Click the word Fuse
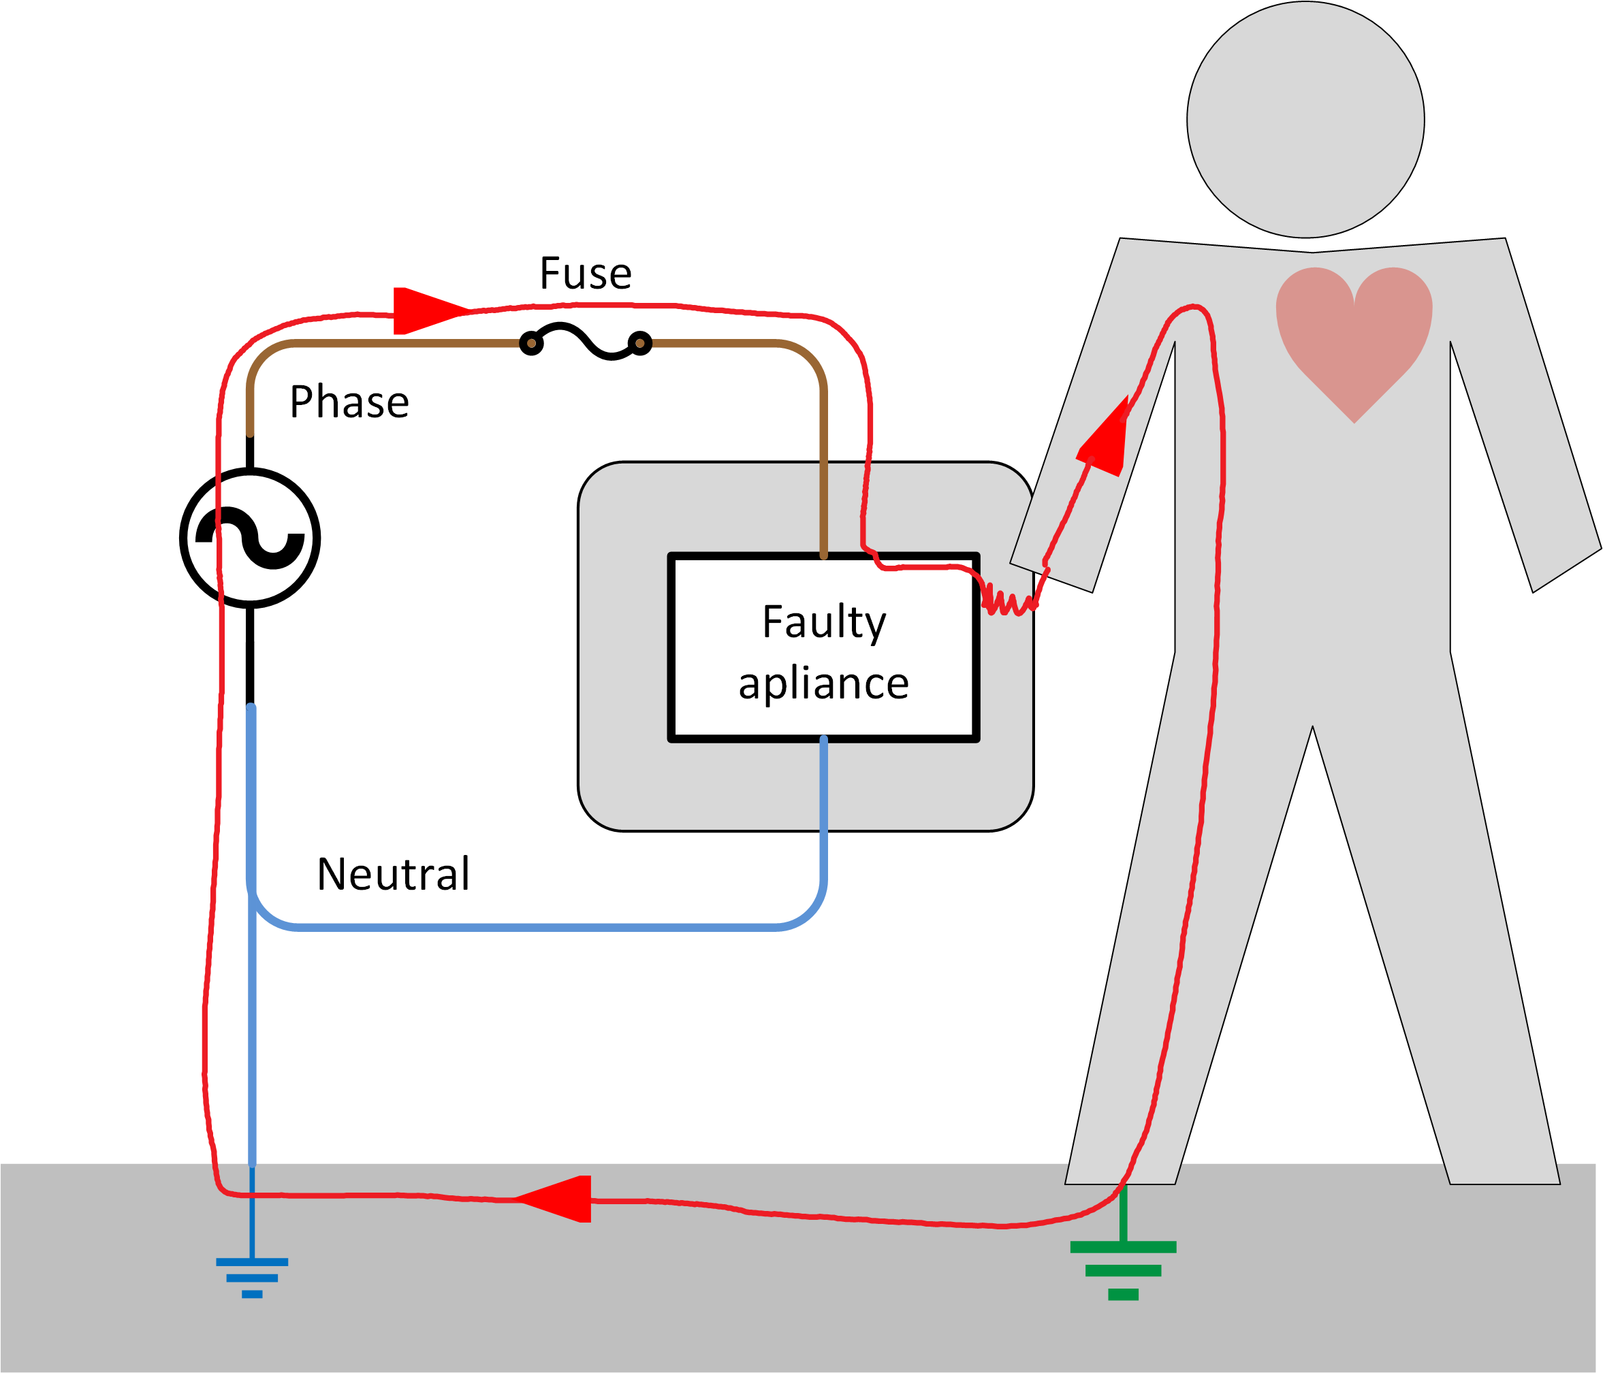click(x=586, y=274)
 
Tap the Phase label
click(x=349, y=402)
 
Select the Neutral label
click(x=393, y=874)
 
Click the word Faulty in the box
click(x=824, y=623)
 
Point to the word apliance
click(x=823, y=684)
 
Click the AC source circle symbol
click(x=250, y=538)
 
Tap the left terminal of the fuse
click(x=532, y=342)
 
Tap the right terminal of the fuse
click(x=640, y=342)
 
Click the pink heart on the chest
click(x=1354, y=333)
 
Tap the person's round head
click(x=1306, y=120)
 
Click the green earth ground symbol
click(x=1124, y=1269)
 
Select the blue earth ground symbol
click(x=252, y=1276)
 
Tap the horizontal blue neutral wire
click(x=534, y=926)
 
